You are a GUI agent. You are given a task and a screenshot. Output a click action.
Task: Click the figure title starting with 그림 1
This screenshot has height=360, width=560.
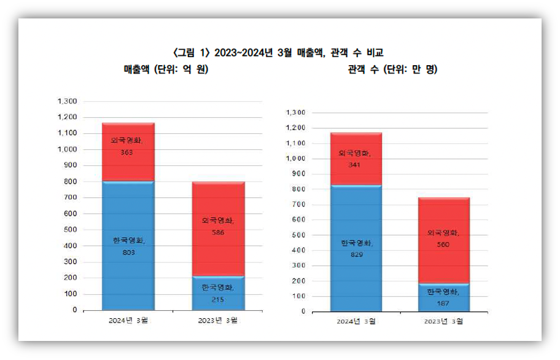click(279, 53)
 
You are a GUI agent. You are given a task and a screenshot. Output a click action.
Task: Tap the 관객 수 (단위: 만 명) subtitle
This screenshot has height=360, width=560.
click(392, 69)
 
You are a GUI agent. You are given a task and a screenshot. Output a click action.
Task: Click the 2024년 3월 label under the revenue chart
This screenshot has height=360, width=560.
click(128, 320)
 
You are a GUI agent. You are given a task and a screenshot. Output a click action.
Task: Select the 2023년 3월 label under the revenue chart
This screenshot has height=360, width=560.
click(218, 320)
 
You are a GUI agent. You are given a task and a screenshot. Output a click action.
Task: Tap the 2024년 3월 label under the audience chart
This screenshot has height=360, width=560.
click(356, 321)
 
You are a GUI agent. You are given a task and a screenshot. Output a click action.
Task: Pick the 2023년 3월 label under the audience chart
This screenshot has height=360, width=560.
click(444, 321)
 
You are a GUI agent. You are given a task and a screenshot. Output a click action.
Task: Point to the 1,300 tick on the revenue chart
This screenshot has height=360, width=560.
click(67, 101)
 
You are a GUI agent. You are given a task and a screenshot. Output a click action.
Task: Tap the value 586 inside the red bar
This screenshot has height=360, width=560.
click(218, 233)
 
